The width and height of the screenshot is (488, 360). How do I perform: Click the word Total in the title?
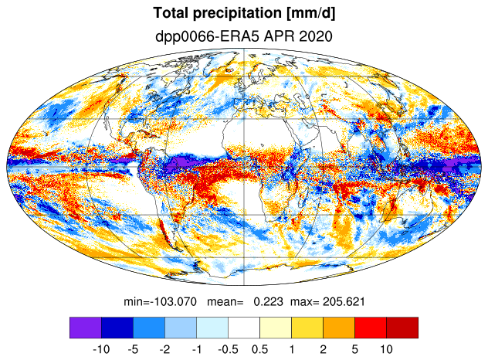pyautogui.click(x=171, y=13)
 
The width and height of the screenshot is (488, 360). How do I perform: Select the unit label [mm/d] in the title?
pyautogui.click(x=311, y=14)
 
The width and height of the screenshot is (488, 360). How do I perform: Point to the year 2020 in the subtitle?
pyautogui.click(x=316, y=36)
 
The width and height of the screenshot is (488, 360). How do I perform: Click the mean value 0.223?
pyautogui.click(x=268, y=301)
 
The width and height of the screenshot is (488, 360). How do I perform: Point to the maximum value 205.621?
pyautogui.click(x=344, y=301)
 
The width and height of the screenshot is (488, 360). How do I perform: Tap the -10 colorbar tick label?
pyautogui.click(x=101, y=349)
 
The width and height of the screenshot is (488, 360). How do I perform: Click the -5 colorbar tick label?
pyautogui.click(x=133, y=349)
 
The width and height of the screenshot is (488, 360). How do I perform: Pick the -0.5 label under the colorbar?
pyautogui.click(x=228, y=349)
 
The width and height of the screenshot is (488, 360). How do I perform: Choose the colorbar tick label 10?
pyautogui.click(x=386, y=349)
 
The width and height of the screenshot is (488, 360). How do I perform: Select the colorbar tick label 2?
pyautogui.click(x=323, y=349)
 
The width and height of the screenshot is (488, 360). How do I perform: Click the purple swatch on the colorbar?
pyautogui.click(x=86, y=328)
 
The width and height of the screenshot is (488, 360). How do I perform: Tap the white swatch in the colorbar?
pyautogui.click(x=244, y=328)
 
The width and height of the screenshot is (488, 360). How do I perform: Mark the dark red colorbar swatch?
pyautogui.click(x=402, y=328)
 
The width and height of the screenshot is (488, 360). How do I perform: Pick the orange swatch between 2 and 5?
pyautogui.click(x=339, y=328)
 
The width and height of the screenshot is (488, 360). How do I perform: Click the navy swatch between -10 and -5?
pyautogui.click(x=117, y=328)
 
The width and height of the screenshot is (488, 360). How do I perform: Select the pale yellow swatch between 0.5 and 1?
pyautogui.click(x=276, y=328)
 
